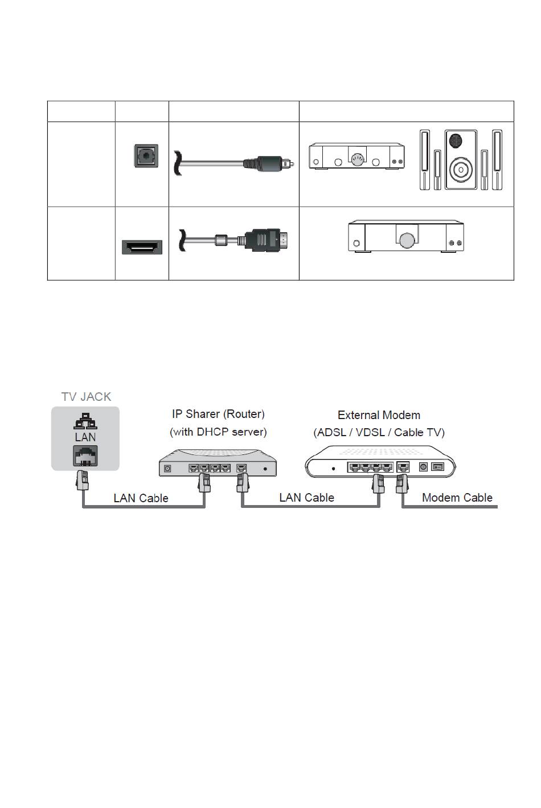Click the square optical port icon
146,156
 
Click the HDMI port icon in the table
142,247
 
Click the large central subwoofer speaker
461,159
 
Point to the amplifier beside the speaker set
356,156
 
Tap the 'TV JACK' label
86,397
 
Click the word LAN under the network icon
85,437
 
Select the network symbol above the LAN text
85,421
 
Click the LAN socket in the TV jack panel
85,456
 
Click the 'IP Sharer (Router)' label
218,414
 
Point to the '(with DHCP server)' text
218,432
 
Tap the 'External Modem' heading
379,415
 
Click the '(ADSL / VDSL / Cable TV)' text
379,432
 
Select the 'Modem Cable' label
457,498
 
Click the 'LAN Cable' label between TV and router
141,498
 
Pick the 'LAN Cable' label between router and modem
306,498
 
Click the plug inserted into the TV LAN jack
82,480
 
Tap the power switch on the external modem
437,467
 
